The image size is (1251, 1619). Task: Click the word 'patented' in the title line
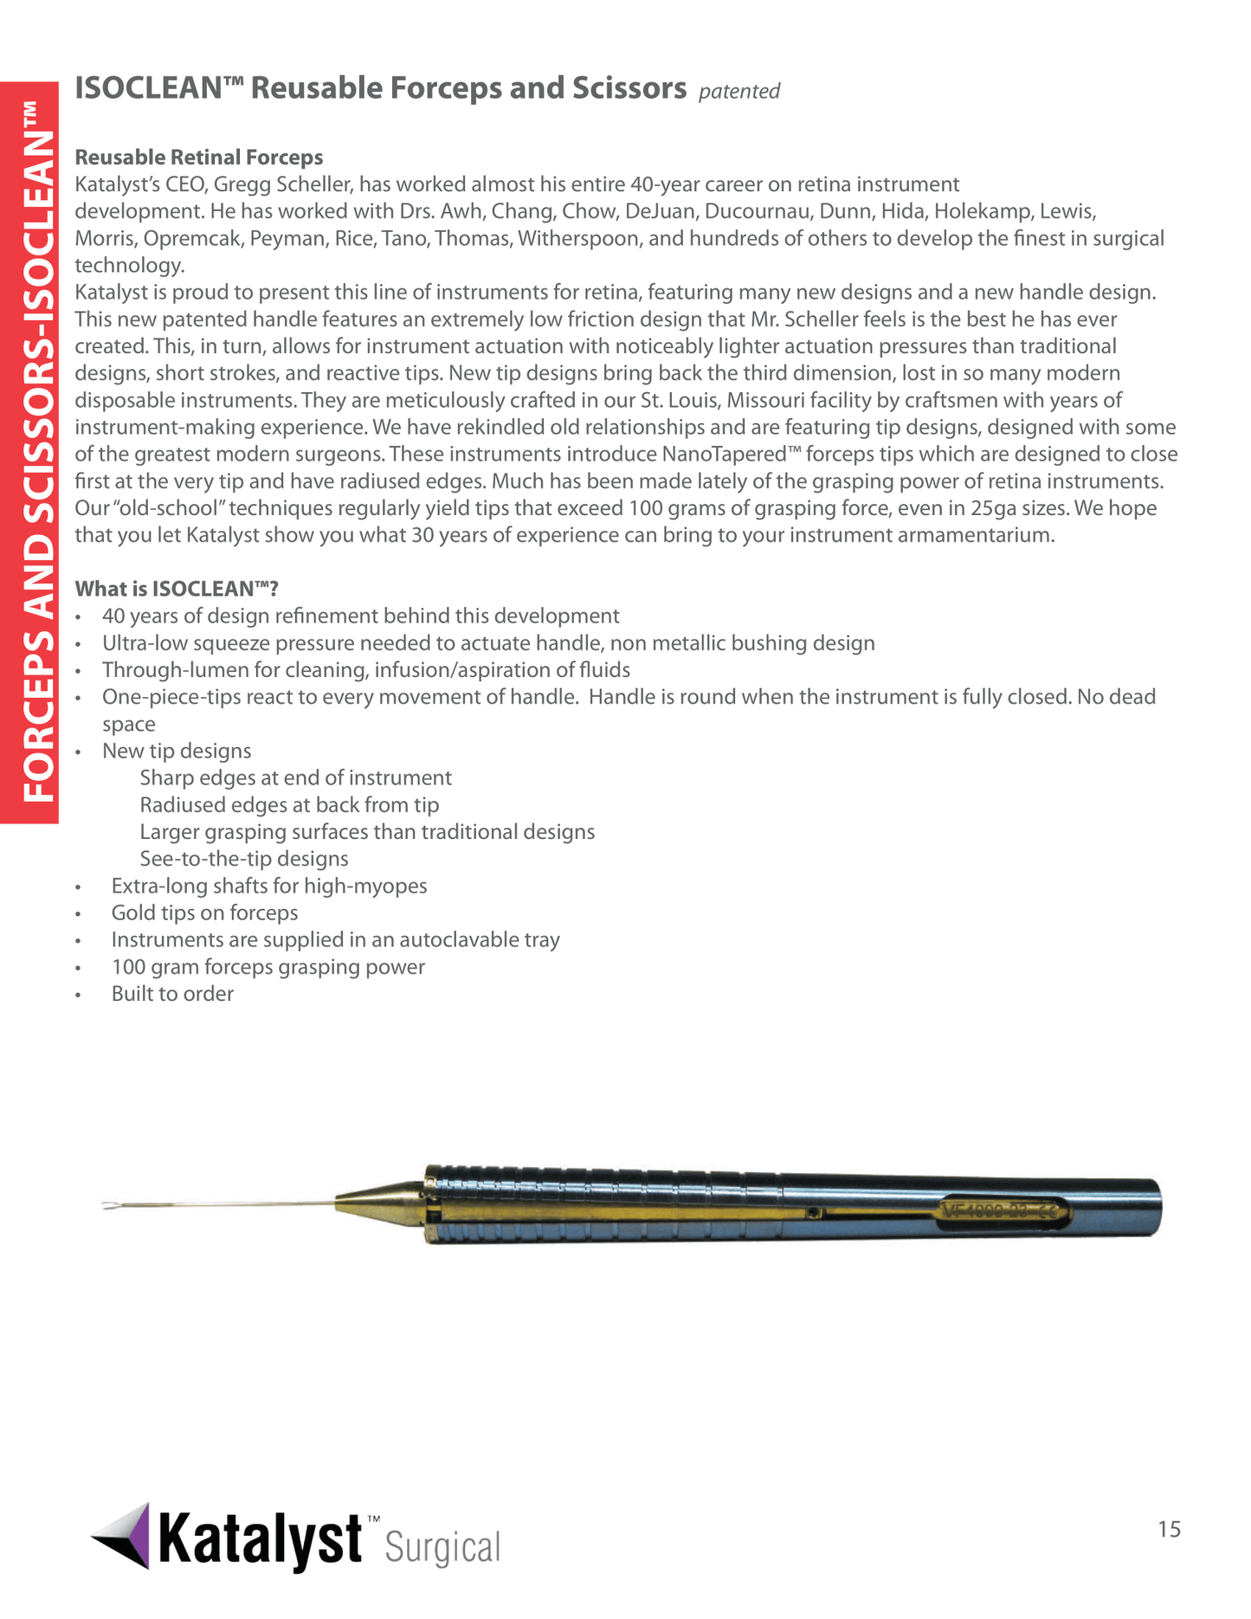pyautogui.click(x=738, y=91)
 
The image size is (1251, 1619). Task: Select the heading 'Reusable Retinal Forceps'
pyautogui.click(x=198, y=157)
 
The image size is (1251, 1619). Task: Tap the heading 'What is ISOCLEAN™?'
pyautogui.click(x=177, y=589)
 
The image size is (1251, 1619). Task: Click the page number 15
pyautogui.click(x=1169, y=1530)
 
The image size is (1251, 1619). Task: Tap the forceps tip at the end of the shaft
pyautogui.click(x=110, y=1205)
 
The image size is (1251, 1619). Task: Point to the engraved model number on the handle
pyautogui.click(x=1003, y=1211)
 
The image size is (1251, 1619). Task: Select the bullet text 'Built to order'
pyautogui.click(x=172, y=994)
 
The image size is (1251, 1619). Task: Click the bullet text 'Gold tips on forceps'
pyautogui.click(x=204, y=913)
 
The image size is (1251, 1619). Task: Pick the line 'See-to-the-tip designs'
pyautogui.click(x=244, y=859)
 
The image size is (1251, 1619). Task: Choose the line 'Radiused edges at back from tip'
pyautogui.click(x=289, y=805)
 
